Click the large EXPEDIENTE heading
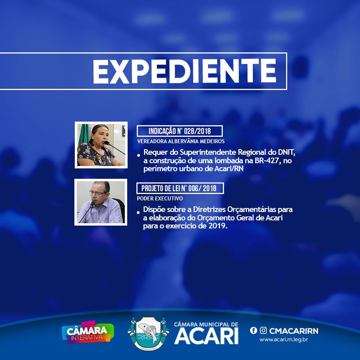coord(184,71)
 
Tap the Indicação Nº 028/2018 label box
coord(180,131)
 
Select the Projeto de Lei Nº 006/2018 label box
coord(180,188)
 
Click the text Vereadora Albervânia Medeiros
coord(181,141)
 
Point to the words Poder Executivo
coord(160,198)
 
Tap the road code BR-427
coord(268,160)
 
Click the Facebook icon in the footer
coord(254,330)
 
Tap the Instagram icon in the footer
coord(263,330)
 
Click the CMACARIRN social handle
coord(294,331)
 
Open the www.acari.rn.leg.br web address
coord(284,340)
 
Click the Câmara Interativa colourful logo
coord(88,332)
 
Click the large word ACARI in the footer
coord(206,336)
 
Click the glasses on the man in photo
coord(98,193)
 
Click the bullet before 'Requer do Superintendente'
coord(138,155)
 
